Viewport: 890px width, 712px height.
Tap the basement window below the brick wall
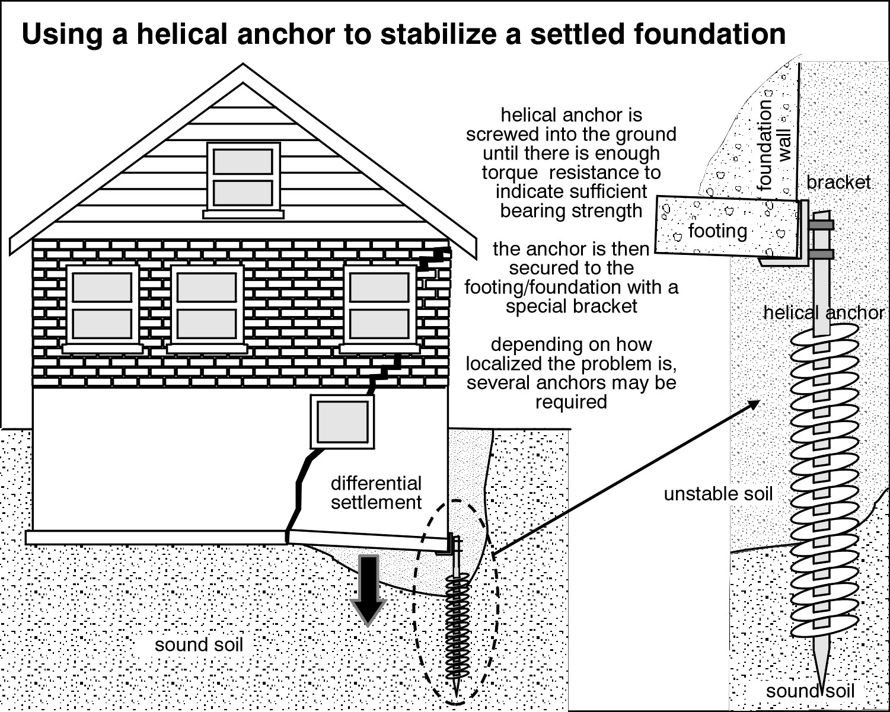tap(342, 422)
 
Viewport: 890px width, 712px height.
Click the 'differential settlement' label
tap(376, 493)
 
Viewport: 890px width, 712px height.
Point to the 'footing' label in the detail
tap(717, 231)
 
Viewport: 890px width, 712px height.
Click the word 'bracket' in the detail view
tap(838, 182)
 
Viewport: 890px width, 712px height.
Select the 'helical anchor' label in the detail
tap(824, 312)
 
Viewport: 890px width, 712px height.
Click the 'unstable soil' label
tap(718, 494)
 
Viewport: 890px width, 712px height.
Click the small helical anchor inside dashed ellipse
tap(457, 622)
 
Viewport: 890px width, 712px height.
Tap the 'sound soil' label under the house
tap(199, 645)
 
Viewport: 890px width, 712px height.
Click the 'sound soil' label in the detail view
tap(810, 691)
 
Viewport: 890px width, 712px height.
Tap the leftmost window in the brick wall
tap(102, 305)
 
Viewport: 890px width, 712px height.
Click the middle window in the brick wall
tap(207, 305)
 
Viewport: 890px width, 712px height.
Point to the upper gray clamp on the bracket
tap(821, 225)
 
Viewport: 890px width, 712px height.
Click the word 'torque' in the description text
tap(508, 173)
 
